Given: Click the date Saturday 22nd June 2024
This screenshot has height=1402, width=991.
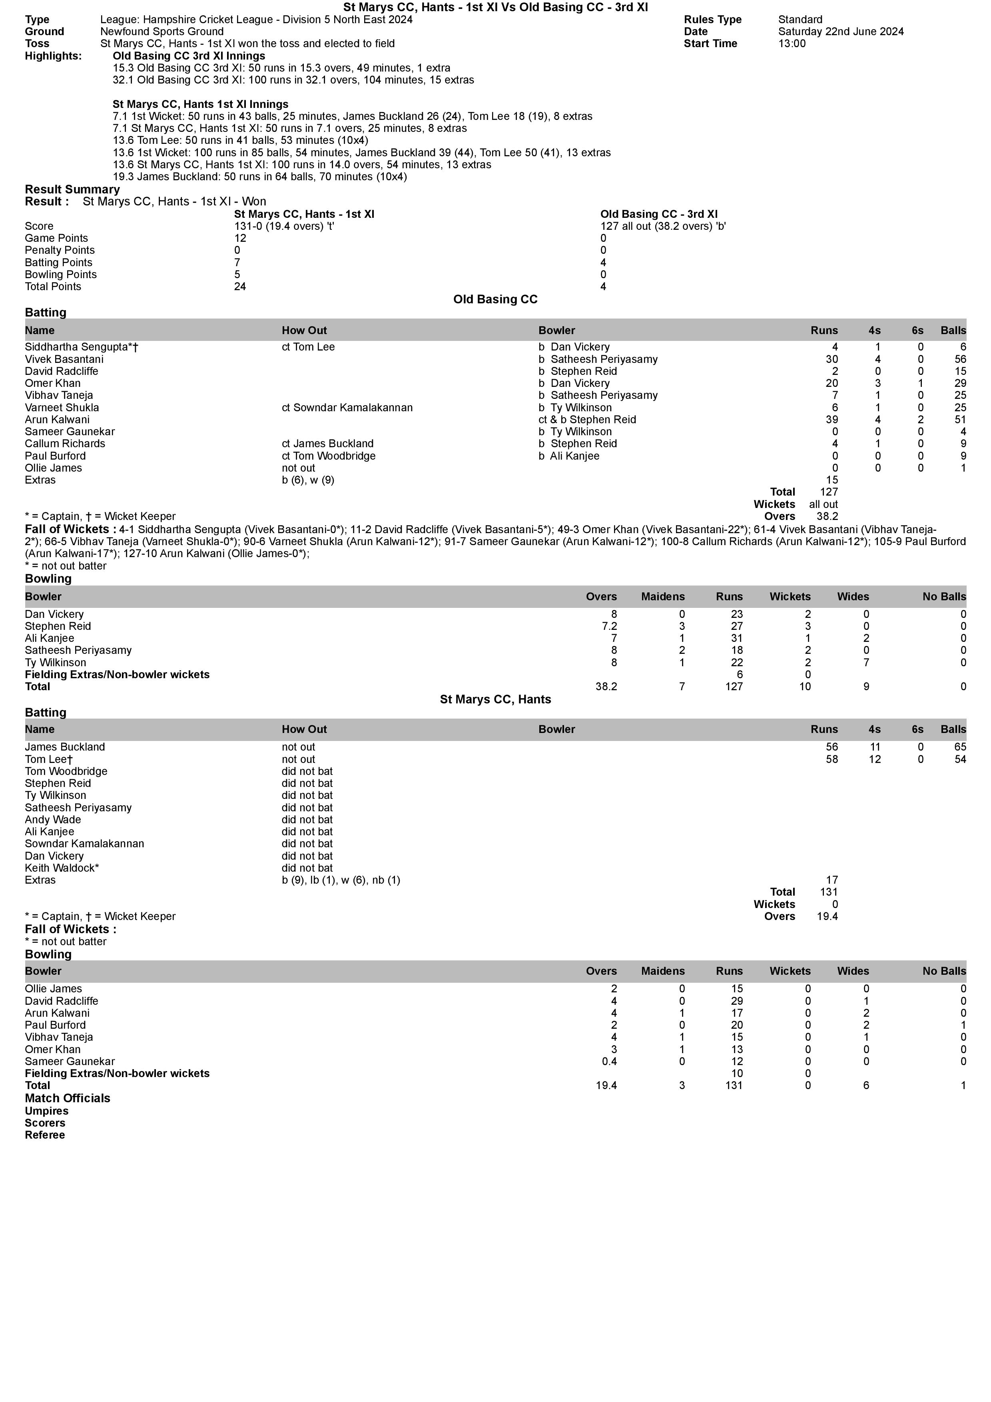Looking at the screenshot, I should (841, 32).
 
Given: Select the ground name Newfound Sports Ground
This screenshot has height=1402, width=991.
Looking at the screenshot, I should (162, 32).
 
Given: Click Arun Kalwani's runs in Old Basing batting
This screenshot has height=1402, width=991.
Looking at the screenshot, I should (831, 420).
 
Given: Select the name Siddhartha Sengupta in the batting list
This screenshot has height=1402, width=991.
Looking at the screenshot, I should (81, 347).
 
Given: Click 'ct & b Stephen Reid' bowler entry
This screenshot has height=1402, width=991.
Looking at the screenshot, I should (587, 420).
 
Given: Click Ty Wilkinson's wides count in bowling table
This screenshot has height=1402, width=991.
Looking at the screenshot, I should (866, 663).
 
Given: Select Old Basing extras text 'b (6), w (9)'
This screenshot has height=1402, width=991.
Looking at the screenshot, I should (308, 480).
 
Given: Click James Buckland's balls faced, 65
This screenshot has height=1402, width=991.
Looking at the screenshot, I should (960, 747).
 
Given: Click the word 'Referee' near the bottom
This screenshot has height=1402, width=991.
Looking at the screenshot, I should (45, 1135).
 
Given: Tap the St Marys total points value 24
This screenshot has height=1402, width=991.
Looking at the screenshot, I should (240, 287).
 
